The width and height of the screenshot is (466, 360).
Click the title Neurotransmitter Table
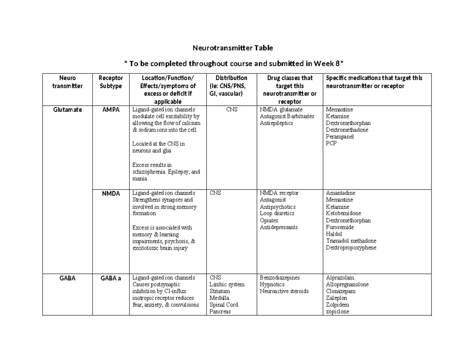click(233, 48)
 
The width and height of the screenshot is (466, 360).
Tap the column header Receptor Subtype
click(111, 82)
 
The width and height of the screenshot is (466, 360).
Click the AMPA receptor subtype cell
click(111, 110)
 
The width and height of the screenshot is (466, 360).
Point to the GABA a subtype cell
click(111, 278)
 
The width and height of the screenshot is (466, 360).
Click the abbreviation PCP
click(331, 143)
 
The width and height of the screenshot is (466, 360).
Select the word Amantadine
click(341, 193)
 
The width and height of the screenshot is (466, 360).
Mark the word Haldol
click(334, 234)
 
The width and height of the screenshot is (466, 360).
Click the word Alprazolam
click(340, 278)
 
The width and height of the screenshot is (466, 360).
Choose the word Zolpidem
click(337, 305)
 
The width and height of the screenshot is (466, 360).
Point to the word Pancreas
click(220, 311)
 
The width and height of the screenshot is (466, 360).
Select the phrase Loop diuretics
click(277, 213)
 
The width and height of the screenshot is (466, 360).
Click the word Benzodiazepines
click(280, 278)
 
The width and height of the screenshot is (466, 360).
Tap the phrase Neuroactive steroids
click(284, 291)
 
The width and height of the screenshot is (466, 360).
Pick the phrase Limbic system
click(227, 285)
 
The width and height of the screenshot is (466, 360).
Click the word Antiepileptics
click(276, 123)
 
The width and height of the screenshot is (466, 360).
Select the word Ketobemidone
click(343, 213)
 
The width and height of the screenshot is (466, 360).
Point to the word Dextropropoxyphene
click(351, 248)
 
